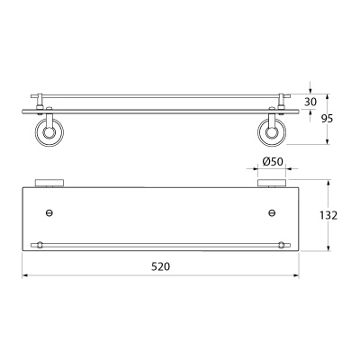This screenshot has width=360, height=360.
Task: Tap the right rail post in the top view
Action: coord(281,245)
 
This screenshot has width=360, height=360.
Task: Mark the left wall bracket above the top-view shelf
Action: coord(49,184)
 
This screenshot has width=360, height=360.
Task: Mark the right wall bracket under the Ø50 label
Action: coord(271,184)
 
